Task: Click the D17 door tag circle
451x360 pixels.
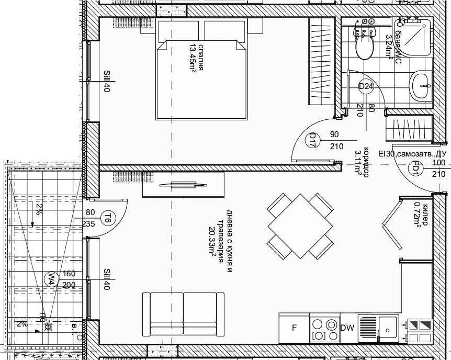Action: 312,140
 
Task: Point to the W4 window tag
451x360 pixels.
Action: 51,278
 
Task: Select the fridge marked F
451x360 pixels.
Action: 294,328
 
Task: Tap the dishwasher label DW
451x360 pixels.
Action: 347,328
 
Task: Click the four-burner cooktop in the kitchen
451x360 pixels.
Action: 324,328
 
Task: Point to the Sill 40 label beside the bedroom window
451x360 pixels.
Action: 107,81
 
